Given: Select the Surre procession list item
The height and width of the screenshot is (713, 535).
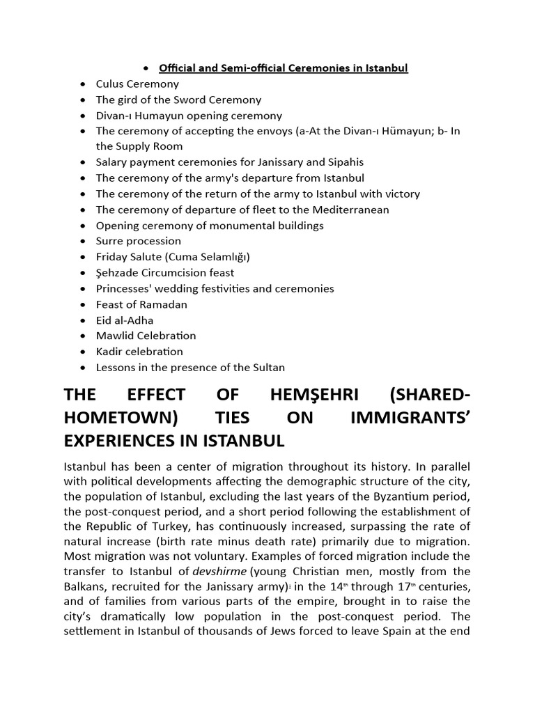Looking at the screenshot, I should [138, 241].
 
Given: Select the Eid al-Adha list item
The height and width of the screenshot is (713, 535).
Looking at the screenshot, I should [124, 320].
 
